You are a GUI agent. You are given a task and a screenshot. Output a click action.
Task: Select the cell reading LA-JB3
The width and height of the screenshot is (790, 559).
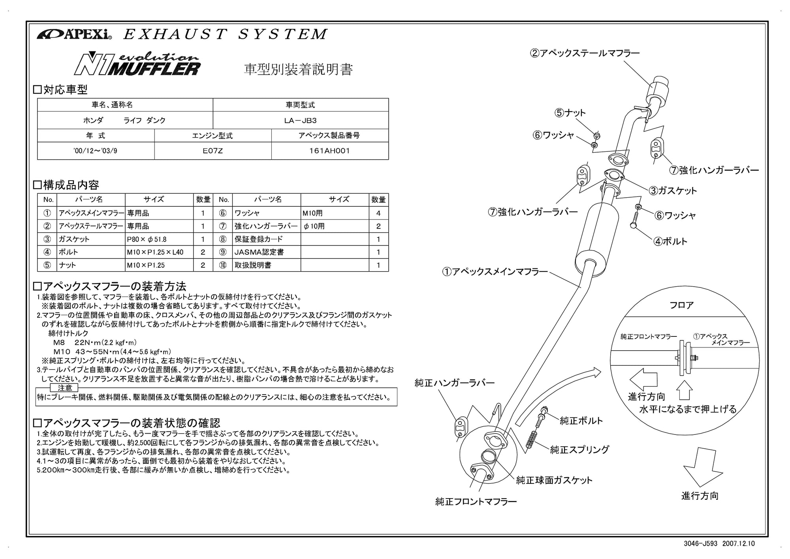point(300,120)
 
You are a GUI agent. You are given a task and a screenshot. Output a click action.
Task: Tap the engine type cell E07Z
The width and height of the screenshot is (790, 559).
point(213,151)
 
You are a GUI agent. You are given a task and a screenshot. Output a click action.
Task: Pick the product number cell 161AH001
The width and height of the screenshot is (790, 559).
point(329,151)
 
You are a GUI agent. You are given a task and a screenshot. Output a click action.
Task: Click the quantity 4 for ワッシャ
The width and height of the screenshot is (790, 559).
point(378,213)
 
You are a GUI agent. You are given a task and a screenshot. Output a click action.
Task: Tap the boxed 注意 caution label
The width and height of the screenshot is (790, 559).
point(65,388)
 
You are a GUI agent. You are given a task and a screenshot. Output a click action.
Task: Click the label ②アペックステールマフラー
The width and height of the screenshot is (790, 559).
point(585,53)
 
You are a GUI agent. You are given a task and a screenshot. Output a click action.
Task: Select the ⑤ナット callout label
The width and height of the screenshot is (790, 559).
point(570,113)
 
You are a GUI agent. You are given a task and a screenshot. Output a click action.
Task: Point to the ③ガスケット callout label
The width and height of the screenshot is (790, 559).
point(673,191)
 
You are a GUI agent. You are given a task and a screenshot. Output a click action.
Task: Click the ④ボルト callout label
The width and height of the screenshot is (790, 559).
point(670,241)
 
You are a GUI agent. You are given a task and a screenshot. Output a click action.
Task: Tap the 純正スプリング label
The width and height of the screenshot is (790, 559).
point(579,449)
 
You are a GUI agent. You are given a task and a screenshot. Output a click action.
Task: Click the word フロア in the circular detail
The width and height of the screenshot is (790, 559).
point(681,305)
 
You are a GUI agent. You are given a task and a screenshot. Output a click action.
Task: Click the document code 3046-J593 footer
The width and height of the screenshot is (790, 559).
point(700,544)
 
